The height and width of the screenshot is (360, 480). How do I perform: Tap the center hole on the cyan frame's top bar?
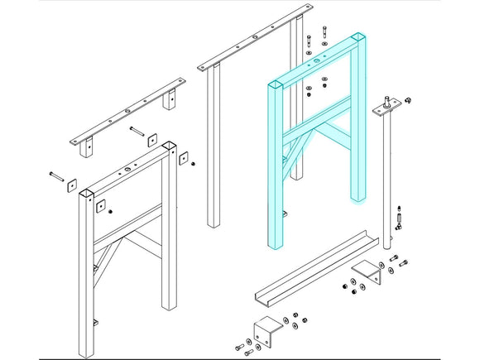point(317,61)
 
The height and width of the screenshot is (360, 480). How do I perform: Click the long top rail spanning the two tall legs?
point(248,41)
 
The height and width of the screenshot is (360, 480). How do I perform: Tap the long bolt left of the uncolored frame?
point(56,175)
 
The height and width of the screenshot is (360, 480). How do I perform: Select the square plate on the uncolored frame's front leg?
point(100,206)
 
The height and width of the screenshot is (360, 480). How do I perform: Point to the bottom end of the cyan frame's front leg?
point(275,242)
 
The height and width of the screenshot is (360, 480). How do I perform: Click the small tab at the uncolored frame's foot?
point(95,322)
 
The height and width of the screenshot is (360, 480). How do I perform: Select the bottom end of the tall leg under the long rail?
point(214,221)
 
